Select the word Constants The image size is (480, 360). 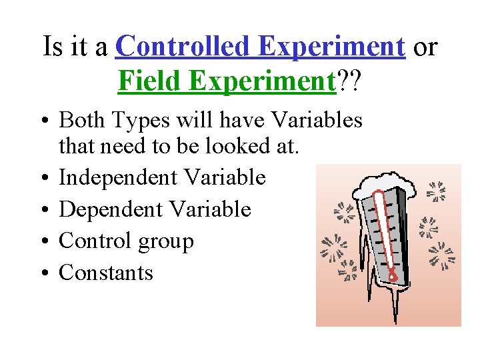pos(106,273)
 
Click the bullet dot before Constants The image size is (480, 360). pos(44,273)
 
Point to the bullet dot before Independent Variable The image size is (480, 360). pos(44,178)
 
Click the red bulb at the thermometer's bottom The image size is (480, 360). pos(393,274)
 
